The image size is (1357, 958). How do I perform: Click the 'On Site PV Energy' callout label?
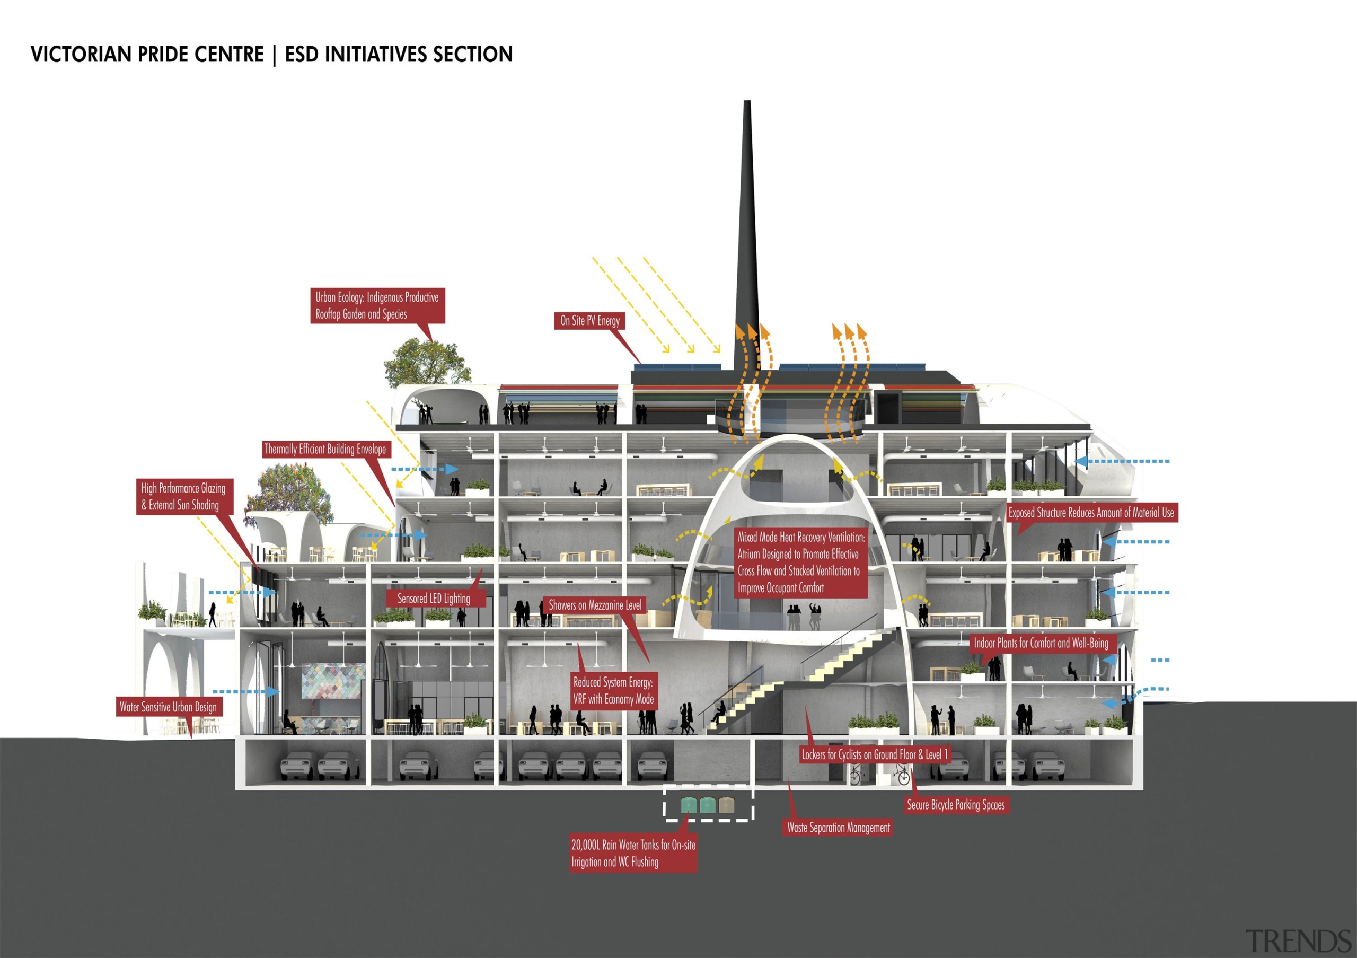click(589, 320)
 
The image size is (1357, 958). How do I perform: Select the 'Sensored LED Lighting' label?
click(433, 598)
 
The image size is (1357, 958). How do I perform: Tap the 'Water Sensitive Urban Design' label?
click(168, 707)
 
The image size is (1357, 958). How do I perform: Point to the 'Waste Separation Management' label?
click(838, 828)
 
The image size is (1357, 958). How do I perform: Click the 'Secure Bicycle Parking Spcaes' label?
click(955, 804)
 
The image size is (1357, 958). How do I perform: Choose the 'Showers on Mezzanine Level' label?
click(595, 604)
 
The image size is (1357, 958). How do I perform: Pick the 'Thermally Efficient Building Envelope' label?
click(325, 449)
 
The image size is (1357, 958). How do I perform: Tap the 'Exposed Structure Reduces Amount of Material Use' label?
click(1091, 512)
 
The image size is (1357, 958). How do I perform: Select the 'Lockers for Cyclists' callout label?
click(874, 754)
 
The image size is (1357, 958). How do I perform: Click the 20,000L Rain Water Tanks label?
click(633, 853)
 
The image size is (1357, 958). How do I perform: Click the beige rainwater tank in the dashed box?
click(726, 805)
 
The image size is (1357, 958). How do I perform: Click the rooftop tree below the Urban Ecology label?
click(427, 362)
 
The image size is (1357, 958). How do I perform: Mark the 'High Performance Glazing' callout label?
click(184, 496)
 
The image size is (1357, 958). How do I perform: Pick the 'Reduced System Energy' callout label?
click(613, 690)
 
